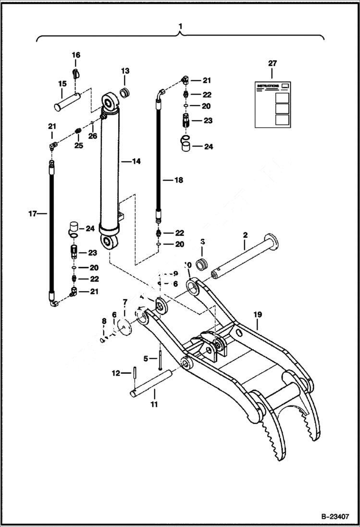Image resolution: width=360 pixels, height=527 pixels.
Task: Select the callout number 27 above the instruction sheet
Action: click(272, 63)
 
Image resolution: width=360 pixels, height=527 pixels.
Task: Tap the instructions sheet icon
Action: click(273, 104)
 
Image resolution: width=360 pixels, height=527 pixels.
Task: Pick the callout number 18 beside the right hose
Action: click(178, 181)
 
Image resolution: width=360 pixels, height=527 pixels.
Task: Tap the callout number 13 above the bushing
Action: click(125, 71)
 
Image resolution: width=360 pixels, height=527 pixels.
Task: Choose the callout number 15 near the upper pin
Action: click(62, 84)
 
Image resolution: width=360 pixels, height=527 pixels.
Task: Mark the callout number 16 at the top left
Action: click(76, 55)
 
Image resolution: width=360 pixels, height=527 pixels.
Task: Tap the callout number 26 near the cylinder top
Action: click(92, 136)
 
